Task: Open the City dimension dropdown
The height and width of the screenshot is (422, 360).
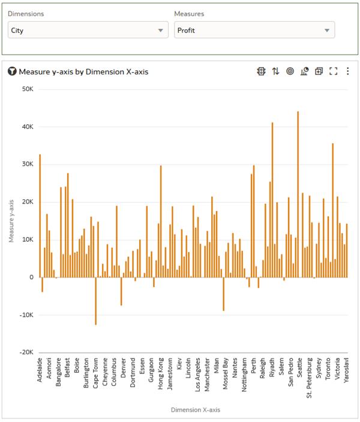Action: point(88,30)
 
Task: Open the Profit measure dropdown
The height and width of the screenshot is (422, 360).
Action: point(254,30)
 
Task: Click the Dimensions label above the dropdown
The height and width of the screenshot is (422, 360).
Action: point(26,13)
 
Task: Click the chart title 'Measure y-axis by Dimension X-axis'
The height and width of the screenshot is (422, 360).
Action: point(83,71)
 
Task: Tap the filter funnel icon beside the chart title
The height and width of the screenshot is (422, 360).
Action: point(12,71)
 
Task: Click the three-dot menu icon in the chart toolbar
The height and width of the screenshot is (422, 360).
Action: point(347,71)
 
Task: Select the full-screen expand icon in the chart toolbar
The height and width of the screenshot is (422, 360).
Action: point(334,71)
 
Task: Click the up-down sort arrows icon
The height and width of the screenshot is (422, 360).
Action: point(275,71)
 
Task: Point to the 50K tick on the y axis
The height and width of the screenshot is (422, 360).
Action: point(27,89)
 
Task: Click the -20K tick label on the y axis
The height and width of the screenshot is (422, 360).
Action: point(26,352)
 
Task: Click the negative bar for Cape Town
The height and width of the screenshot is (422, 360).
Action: point(95,301)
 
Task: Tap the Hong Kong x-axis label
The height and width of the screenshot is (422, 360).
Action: point(161,373)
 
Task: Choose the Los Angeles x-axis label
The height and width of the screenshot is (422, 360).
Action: point(198,375)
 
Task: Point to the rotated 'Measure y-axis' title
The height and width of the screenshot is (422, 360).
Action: point(12,221)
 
